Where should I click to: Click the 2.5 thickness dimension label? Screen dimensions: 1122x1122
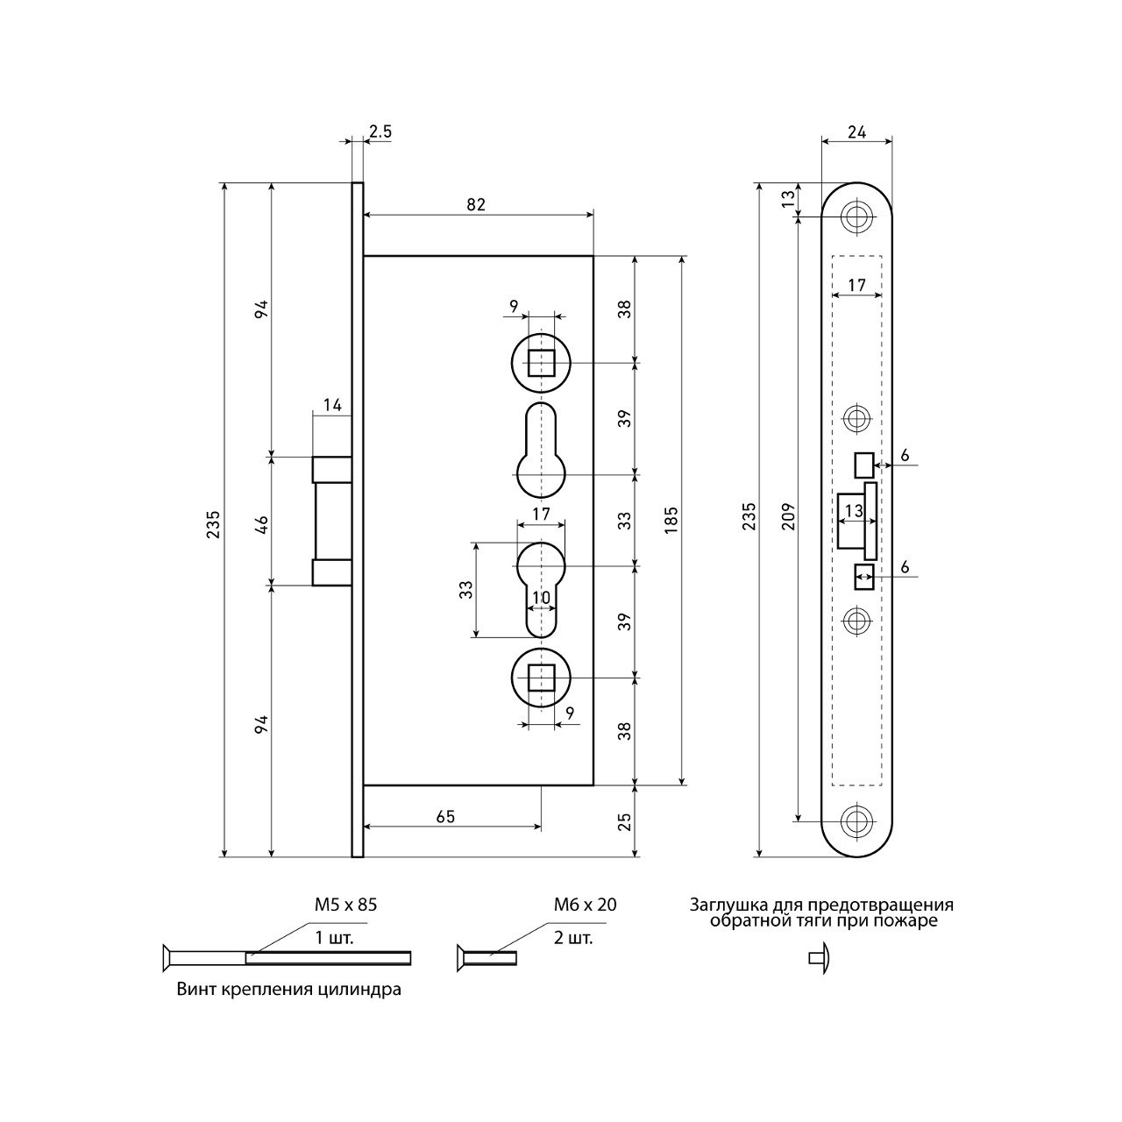click(380, 131)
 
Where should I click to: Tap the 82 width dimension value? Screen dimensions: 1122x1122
click(476, 204)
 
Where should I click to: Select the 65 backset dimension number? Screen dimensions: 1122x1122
click(445, 816)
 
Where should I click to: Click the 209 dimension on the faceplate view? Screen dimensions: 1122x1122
click(788, 516)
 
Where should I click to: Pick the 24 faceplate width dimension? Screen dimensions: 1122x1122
click(856, 132)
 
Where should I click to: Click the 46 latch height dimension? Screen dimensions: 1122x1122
click(262, 525)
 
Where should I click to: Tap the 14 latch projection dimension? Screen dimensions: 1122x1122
click(332, 405)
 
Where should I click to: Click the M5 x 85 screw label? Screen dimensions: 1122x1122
click(346, 905)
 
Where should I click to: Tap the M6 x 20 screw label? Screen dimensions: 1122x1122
click(586, 905)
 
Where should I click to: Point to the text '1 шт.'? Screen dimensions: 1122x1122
click(334, 938)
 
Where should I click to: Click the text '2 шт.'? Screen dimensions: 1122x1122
click(573, 938)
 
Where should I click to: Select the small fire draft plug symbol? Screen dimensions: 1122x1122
click(820, 958)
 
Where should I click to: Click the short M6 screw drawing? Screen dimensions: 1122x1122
click(486, 958)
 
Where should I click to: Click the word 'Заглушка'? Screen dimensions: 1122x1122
click(723, 905)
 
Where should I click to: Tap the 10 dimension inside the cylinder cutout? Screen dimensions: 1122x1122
click(541, 598)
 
